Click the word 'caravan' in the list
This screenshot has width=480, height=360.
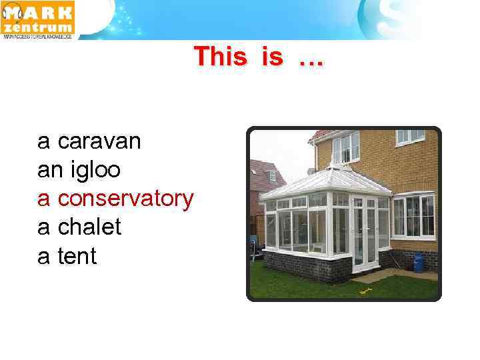(x=99, y=141)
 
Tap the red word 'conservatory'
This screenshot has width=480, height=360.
(x=126, y=199)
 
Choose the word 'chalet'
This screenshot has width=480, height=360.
(x=89, y=227)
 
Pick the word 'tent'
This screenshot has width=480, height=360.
(x=77, y=256)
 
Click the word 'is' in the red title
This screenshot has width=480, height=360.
(x=273, y=57)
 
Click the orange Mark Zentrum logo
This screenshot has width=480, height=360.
(x=38, y=19)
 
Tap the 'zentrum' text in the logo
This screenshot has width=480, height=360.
(x=38, y=27)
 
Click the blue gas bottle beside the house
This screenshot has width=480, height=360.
(x=419, y=262)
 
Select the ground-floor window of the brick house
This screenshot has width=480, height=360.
(x=413, y=216)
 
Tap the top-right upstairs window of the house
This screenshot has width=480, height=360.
(x=410, y=136)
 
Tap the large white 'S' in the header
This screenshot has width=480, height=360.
(x=390, y=20)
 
